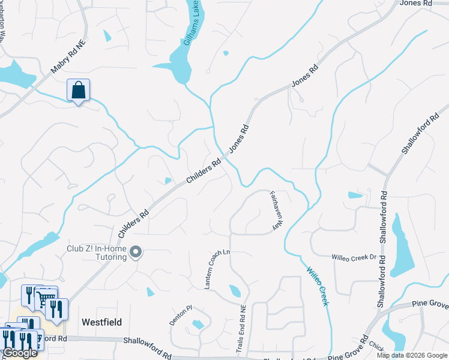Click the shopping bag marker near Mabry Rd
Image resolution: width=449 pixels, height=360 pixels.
pos(78,91)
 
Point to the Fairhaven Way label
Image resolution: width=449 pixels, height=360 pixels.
pos(276,211)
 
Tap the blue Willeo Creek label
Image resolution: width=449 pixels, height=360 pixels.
pos(318,286)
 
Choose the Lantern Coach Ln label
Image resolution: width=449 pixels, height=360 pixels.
pos(217,269)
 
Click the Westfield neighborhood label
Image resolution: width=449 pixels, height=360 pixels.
pos(101,322)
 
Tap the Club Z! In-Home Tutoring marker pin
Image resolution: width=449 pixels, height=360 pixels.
pos(136,253)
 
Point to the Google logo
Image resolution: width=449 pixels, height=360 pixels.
pos(20,353)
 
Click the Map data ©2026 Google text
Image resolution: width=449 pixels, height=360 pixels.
pos(412,355)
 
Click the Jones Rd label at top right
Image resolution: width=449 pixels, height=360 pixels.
pos(415,3)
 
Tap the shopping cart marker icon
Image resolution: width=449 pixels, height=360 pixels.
pos(46,297)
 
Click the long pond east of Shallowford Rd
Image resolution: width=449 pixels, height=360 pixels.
pos(400,246)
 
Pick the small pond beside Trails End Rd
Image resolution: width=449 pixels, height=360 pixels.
pos(235,292)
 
